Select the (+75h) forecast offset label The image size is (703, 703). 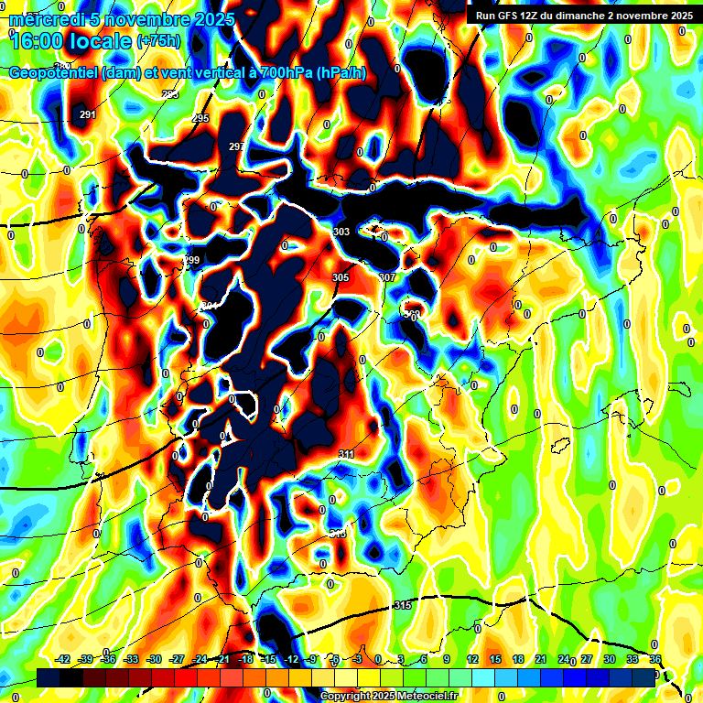[158, 41]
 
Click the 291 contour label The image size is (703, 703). [88, 114]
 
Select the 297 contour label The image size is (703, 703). [236, 146]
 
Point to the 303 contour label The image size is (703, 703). [341, 233]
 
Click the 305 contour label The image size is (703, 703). [341, 277]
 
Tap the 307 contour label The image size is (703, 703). [386, 277]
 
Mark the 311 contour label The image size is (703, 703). [346, 454]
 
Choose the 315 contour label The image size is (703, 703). [402, 606]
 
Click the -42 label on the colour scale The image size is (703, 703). [63, 659]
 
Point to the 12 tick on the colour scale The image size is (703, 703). [471, 659]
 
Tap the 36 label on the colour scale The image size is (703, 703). [654, 659]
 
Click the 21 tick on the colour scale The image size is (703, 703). [541, 659]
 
